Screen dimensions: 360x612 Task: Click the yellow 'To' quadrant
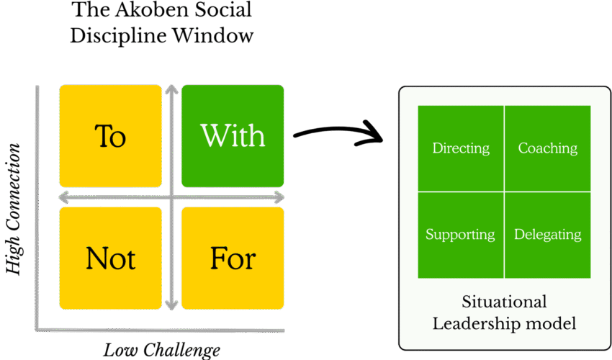110,135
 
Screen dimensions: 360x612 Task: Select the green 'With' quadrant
233,135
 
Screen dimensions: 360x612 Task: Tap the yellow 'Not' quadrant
110,258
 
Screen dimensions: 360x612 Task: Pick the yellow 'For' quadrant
233,258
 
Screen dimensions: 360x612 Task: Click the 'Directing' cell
461,148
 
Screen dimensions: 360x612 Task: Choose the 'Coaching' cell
548,148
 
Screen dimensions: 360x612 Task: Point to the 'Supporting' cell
460,235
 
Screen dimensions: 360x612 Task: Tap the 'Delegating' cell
548,235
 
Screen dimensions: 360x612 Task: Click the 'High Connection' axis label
13,208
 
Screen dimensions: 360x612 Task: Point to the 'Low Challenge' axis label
161,351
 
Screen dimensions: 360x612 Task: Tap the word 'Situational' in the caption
504,302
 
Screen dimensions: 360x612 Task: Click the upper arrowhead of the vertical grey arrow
171,90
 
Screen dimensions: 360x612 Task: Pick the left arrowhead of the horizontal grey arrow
63,197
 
